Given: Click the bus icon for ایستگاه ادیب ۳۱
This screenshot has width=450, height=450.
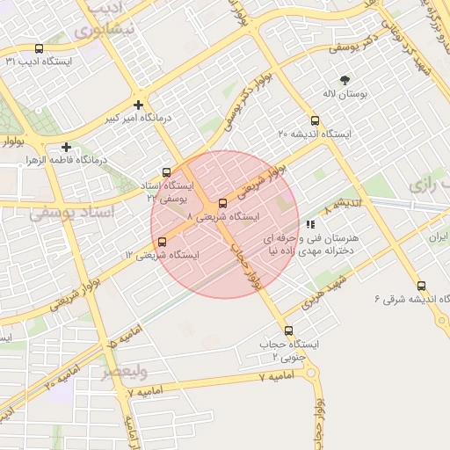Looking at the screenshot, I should click(x=39, y=49).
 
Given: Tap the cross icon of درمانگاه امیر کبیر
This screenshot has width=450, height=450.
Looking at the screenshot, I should click(x=139, y=105).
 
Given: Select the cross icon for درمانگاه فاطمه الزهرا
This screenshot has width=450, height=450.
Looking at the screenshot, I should click(x=67, y=147).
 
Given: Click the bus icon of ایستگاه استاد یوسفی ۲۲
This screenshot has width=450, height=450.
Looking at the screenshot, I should click(x=167, y=172).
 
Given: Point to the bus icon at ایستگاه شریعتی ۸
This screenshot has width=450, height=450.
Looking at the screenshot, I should click(x=221, y=204).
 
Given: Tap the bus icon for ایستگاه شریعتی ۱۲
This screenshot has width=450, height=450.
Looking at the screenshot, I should click(x=161, y=242).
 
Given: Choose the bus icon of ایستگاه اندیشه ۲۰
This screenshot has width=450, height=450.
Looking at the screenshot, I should click(x=315, y=120).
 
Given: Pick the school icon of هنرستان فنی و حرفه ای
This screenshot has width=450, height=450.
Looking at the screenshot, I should click(x=310, y=225).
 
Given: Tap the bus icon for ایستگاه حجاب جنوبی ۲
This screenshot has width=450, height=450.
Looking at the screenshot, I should click(x=288, y=331).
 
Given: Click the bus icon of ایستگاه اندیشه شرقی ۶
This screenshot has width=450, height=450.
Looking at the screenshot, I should click(x=422, y=286).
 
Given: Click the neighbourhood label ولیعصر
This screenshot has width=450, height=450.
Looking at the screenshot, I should click(x=121, y=373).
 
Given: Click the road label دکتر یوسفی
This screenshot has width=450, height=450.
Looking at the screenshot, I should click(x=356, y=43).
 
